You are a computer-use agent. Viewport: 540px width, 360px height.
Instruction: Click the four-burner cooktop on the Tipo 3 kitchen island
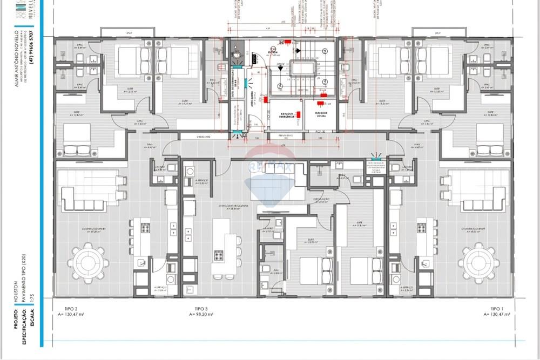(219, 254)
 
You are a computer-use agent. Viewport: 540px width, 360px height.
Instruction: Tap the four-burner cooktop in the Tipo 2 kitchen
(146, 228)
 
